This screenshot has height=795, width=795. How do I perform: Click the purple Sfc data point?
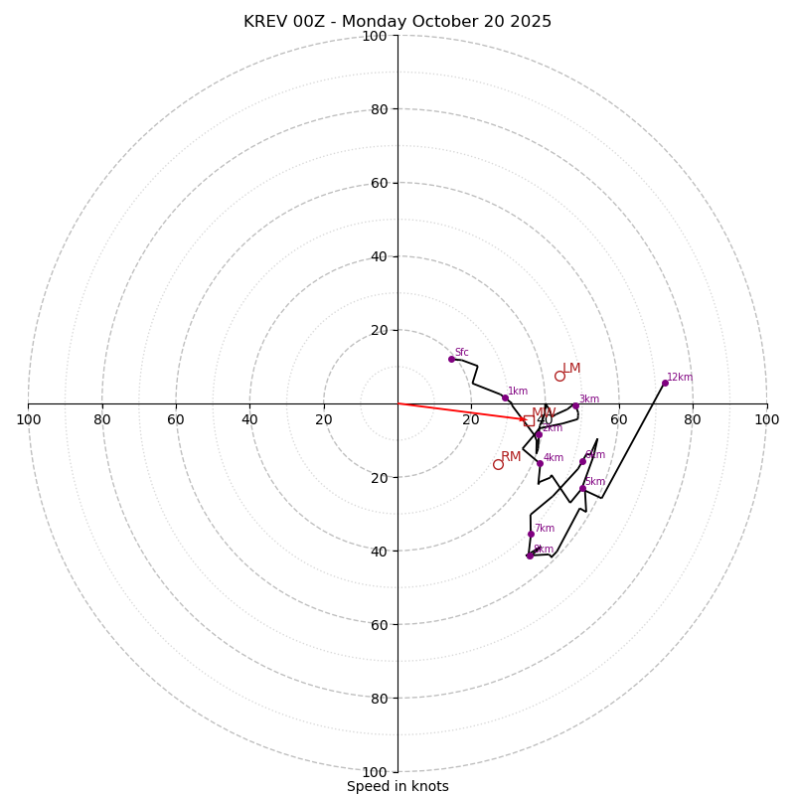[451, 359]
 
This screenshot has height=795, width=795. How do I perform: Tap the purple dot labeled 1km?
[505, 397]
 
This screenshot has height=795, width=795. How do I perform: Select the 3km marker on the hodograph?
[575, 405]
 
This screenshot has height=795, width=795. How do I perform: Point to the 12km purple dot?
[665, 383]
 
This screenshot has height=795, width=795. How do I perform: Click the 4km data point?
[540, 463]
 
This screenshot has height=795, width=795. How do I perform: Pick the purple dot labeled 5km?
[582, 488]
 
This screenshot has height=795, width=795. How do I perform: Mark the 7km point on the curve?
[531, 534]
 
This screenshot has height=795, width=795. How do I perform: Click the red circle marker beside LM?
[559, 376]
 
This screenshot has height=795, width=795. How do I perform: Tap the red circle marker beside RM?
[498, 464]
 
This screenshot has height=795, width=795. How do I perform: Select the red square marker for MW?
[528, 420]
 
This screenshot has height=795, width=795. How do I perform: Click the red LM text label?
[571, 369]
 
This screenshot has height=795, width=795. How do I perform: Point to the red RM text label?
[511, 457]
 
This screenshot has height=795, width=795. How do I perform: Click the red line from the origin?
[457, 411]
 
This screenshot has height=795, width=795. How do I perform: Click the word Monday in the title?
[367, 22]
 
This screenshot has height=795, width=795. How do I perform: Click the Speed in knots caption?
[397, 786]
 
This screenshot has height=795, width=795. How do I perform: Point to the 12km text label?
[680, 378]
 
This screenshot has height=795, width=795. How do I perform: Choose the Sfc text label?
[462, 353]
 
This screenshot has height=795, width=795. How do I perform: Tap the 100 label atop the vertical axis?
[375, 36]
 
